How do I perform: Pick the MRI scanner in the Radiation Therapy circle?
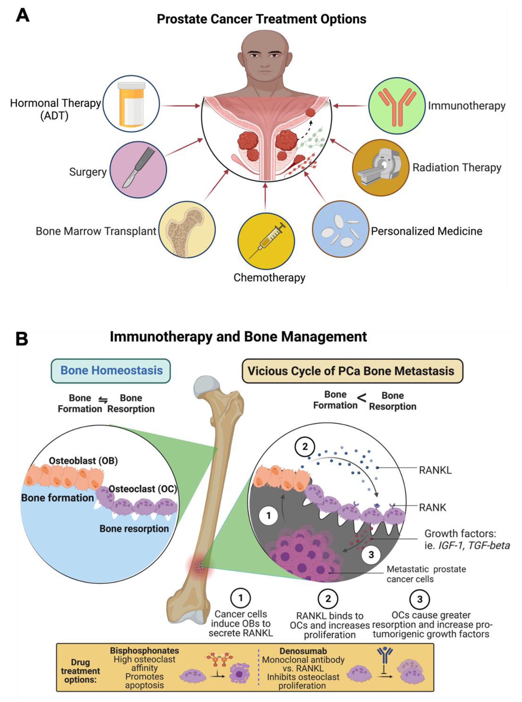pos(380,167)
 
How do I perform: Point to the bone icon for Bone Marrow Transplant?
pos(187,230)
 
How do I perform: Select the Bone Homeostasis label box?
pos(111,371)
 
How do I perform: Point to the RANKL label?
pos(435,470)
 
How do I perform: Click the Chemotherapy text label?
pos(269,278)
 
